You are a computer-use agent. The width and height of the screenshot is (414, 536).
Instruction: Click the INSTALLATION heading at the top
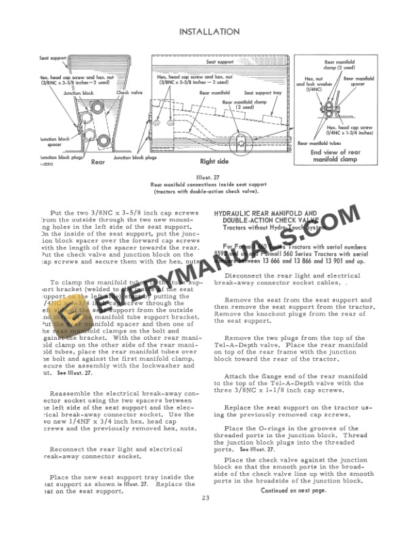(x=207, y=31)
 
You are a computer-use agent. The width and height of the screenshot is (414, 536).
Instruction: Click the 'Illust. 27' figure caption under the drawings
(x=207, y=178)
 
